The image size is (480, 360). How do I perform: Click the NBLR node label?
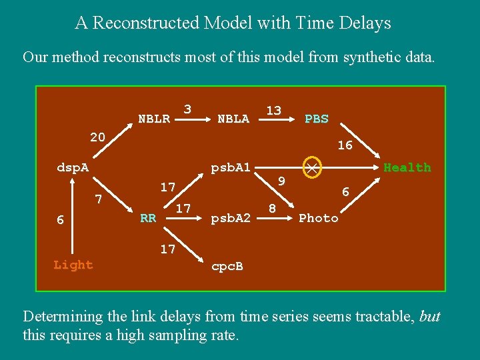tap(153, 119)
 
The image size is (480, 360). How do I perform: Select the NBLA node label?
tap(233, 119)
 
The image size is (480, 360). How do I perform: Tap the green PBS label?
tap(317, 119)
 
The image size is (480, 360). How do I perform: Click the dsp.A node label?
tap(73, 167)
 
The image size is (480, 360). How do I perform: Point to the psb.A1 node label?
tap(230, 167)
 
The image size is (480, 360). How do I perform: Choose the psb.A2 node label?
tap(230, 218)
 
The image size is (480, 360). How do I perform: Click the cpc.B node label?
tap(227, 267)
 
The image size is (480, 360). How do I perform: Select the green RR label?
tap(148, 218)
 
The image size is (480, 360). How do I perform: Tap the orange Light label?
tap(73, 265)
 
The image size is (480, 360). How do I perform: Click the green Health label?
tap(407, 167)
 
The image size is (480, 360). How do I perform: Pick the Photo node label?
tap(319, 218)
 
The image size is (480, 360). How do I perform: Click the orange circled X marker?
tap(311, 167)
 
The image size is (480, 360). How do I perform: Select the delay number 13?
tap(273, 110)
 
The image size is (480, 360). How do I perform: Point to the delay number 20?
tap(97, 137)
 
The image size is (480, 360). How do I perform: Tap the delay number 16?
tap(345, 145)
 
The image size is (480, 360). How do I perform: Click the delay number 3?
tap(187, 109)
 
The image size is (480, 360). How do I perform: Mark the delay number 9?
tap(281, 181)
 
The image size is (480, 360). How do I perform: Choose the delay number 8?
tap(272, 209)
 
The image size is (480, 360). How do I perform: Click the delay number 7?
tap(98, 199)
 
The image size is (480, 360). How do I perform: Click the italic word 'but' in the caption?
tap(430, 316)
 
